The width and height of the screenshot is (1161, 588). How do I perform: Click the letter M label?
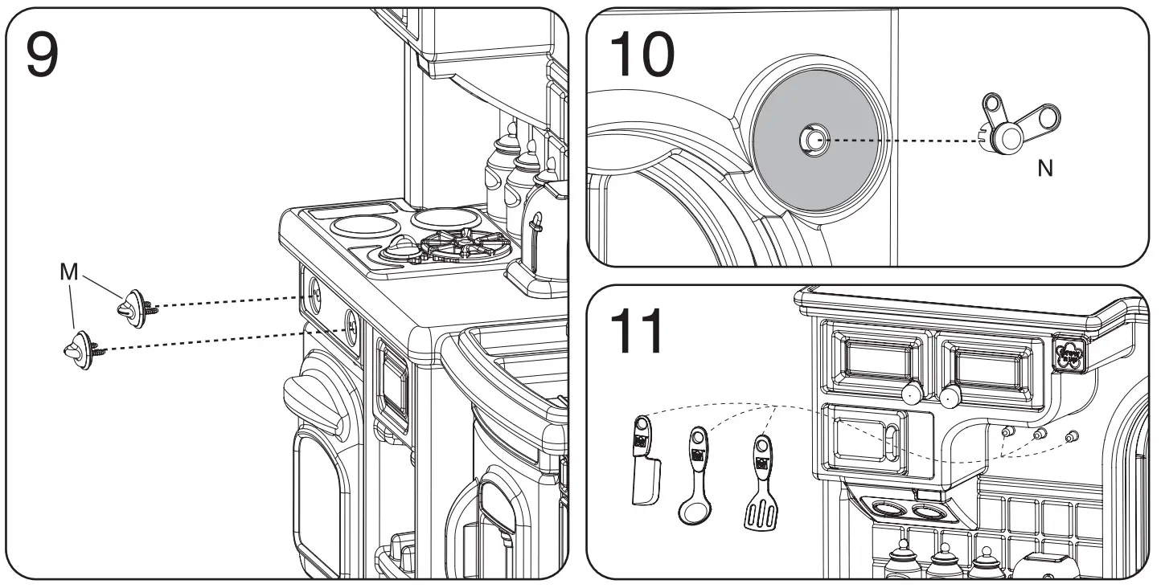point(70,272)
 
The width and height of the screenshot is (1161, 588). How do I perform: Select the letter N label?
point(1044,169)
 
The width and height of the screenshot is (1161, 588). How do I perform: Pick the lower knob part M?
point(79,346)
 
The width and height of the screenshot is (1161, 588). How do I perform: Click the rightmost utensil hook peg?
point(1071,436)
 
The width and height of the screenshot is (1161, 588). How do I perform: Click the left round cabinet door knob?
point(910,394)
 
